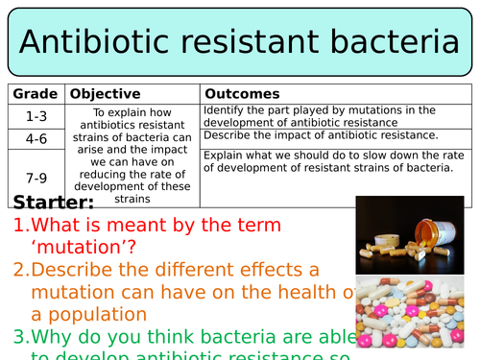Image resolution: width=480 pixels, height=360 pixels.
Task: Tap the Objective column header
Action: pyautogui.click(x=106, y=94)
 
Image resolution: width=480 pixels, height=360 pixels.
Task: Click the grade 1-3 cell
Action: pyautogui.click(x=36, y=115)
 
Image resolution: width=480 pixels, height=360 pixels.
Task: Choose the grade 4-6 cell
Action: pyautogui.click(x=36, y=138)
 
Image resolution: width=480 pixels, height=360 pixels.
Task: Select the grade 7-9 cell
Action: pyautogui.click(x=36, y=178)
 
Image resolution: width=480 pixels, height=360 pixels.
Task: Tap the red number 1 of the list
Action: pyautogui.click(x=20, y=227)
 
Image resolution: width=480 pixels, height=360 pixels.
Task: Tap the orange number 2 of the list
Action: pyautogui.click(x=20, y=270)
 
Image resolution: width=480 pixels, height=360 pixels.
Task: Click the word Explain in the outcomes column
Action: pyautogui.click(x=224, y=154)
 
